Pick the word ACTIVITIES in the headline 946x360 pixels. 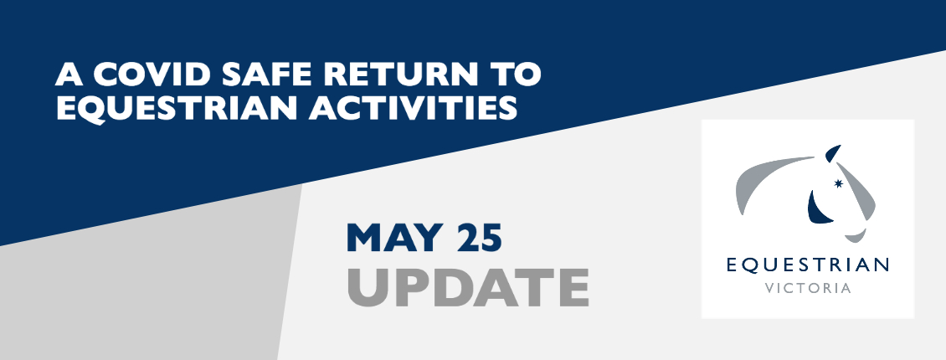tap(414, 109)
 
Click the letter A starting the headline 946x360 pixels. tap(69, 75)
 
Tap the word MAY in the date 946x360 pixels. tap(395, 239)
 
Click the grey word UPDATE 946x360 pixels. tap(468, 288)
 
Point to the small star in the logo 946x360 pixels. tap(838, 183)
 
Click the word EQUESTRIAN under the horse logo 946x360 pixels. tap(807, 265)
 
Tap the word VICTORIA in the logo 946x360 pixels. tap(808, 288)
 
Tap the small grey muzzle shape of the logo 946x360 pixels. tap(856, 236)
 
